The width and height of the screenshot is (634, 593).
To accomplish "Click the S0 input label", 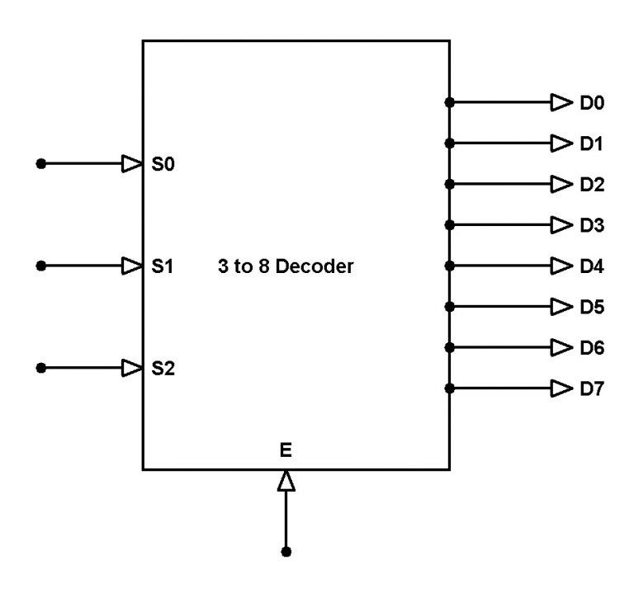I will [x=163, y=164].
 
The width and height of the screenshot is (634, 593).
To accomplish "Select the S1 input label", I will [x=163, y=266].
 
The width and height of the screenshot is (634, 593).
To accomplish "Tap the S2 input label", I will [x=163, y=368].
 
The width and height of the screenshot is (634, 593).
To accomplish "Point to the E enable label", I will [x=286, y=450].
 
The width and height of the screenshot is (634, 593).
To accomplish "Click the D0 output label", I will [x=591, y=103].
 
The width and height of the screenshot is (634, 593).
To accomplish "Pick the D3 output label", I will [x=591, y=225].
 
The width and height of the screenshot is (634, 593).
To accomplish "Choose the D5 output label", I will [x=591, y=307].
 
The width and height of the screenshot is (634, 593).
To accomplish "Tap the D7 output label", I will [x=591, y=388].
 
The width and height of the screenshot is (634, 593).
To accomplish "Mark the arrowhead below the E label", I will [x=286, y=481].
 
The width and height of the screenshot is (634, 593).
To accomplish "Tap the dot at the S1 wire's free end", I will [x=40, y=266].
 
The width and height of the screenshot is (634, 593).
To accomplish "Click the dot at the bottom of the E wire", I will [x=286, y=551].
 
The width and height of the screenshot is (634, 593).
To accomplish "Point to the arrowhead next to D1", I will [x=561, y=144].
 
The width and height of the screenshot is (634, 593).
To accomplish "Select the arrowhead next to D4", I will [x=561, y=266].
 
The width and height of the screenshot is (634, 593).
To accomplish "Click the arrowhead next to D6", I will [x=561, y=347].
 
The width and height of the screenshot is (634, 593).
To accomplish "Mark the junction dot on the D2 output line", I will [x=449, y=184].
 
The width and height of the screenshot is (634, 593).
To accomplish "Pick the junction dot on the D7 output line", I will [x=449, y=388].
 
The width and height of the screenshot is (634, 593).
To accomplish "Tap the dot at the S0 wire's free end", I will [x=40, y=164].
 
